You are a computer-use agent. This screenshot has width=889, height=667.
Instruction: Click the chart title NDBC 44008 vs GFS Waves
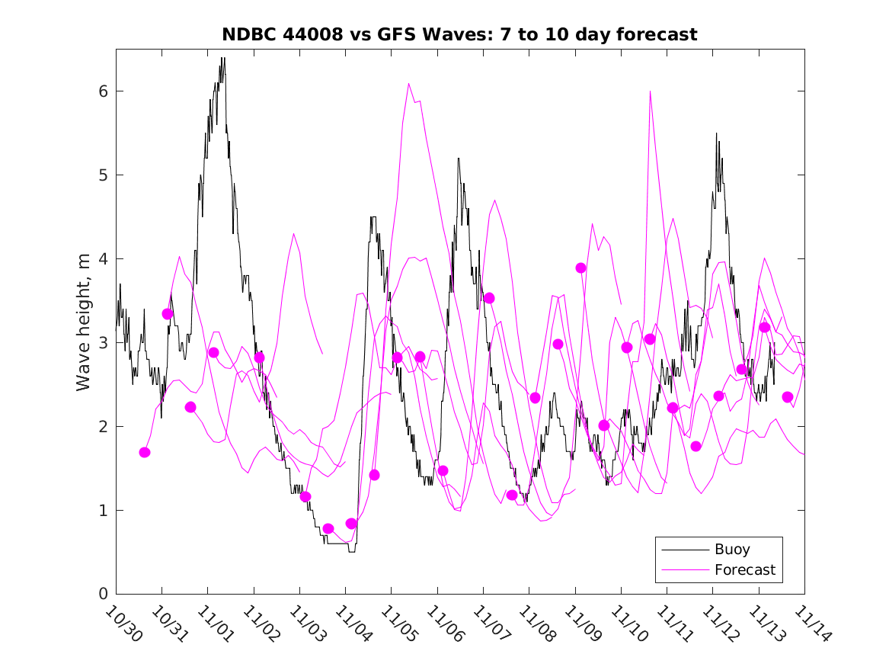(x=459, y=34)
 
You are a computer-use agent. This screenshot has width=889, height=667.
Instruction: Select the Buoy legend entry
(x=731, y=549)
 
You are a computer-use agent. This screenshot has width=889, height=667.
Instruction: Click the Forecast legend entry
(x=744, y=569)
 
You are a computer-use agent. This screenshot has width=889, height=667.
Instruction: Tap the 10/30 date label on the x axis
(x=122, y=624)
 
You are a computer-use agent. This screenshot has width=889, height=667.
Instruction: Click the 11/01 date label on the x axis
(x=214, y=624)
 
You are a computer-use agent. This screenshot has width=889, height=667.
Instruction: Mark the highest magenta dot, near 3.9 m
(x=581, y=268)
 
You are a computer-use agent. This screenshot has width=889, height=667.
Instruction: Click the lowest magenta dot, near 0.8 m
(x=328, y=528)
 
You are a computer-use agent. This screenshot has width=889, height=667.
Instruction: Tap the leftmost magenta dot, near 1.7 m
(x=145, y=452)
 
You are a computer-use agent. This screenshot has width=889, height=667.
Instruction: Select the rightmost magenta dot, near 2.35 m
(x=788, y=396)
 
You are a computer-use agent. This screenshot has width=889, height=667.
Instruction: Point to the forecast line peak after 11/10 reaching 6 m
(x=650, y=91)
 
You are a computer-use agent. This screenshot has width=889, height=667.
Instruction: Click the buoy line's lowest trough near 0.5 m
(x=352, y=551)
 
